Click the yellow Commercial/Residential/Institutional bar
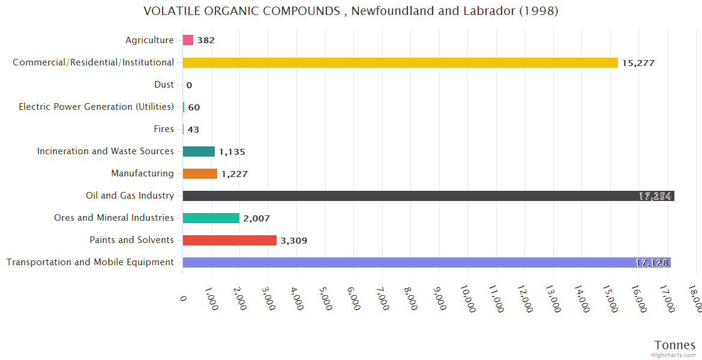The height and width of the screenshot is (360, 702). point(400,62)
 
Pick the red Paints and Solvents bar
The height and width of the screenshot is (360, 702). point(229,240)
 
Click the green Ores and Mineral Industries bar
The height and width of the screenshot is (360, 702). point(211,218)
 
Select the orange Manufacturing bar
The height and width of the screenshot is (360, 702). point(200,173)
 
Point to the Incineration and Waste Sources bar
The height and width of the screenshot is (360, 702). point(199,151)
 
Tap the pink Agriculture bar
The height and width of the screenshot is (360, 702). point(188,40)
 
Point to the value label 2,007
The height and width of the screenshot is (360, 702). point(256,218)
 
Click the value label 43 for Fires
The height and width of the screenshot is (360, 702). point(193,130)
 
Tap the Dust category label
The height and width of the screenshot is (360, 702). point(164,85)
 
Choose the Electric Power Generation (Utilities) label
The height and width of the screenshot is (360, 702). point(96,107)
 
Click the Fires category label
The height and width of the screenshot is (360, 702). point(164,129)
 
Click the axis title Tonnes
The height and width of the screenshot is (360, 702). point(674,345)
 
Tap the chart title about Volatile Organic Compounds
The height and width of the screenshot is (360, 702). point(351,11)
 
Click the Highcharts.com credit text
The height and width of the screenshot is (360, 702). point(674,355)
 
